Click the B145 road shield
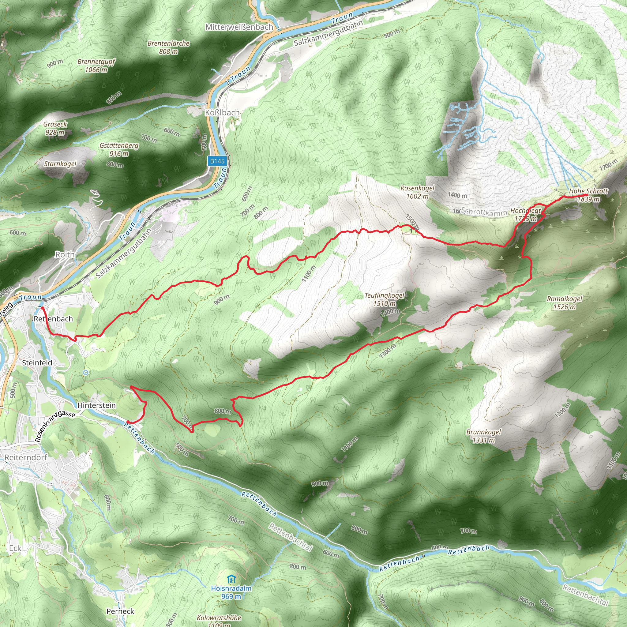point(217,161)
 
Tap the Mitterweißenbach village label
point(239,27)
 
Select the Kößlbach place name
point(222,112)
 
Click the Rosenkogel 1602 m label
point(417,192)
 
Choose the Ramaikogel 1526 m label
point(564,302)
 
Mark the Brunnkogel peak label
point(483,436)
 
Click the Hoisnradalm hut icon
point(231,579)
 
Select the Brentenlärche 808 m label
point(168,47)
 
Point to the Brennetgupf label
point(96,65)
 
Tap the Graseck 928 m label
point(55,128)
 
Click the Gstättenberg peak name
point(119,149)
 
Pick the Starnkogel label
point(60,163)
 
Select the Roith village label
point(65,254)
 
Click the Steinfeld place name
point(37,362)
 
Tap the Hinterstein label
point(96,405)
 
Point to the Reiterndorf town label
point(26,457)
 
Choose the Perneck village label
point(120,611)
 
